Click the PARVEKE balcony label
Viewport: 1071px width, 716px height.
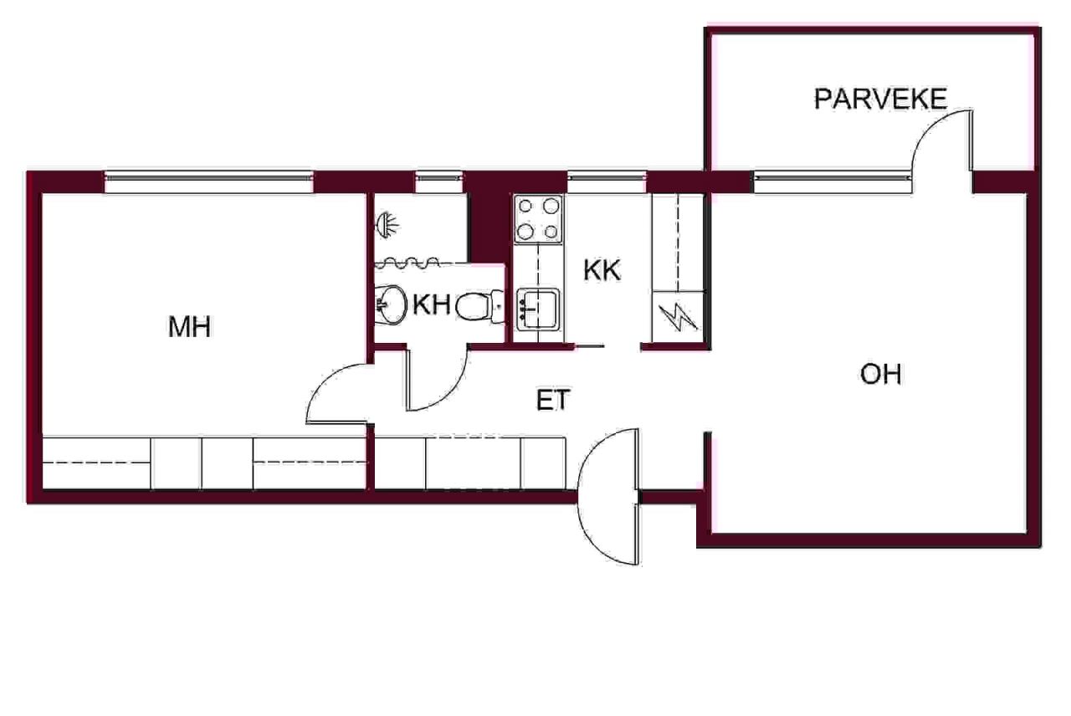tap(880, 99)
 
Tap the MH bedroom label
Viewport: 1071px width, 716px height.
tap(189, 327)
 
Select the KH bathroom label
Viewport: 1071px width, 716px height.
tap(431, 304)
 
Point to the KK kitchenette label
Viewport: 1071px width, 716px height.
tap(602, 270)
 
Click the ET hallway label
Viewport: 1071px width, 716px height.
tap(553, 400)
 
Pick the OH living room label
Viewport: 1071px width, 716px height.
tap(881, 374)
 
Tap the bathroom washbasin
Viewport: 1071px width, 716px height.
tap(390, 305)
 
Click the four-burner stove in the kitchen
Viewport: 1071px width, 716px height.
tap(538, 219)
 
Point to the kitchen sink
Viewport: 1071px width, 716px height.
tap(538, 309)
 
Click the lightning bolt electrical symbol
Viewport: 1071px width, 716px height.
tap(678, 317)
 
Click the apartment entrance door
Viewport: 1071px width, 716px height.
tap(608, 497)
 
